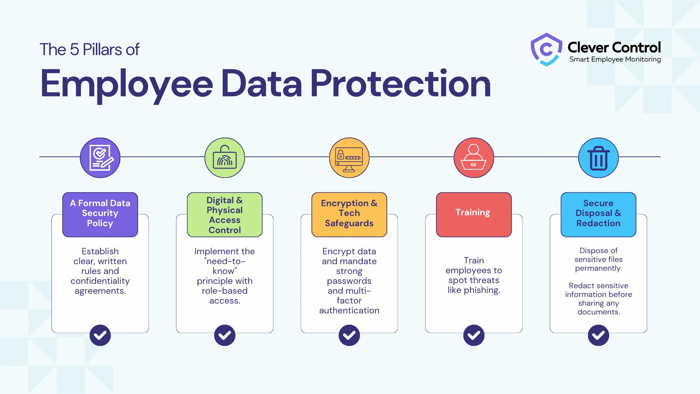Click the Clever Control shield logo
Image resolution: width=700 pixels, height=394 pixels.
546,49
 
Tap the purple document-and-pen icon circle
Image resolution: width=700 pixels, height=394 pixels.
100,158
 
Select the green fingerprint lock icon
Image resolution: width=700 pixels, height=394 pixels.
225,158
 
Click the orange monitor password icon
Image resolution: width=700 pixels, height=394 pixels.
349,158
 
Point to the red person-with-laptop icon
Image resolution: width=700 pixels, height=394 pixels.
474,158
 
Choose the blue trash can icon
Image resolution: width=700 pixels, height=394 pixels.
598,158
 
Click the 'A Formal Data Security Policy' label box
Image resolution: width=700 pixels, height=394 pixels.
100,215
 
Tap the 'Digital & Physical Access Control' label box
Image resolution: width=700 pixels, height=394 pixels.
225,215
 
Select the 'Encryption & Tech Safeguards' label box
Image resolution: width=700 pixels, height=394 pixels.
349,215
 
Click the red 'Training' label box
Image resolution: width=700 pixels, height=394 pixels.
474,215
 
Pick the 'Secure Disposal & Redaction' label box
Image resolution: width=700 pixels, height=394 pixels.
598,215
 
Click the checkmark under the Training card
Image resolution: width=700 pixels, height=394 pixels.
474,335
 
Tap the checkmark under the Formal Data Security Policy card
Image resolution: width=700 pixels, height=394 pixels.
100,335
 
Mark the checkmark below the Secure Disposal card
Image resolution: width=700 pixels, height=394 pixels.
598,335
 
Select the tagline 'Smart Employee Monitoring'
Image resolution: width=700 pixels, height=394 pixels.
615,59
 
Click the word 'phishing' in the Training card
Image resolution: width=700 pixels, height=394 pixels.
482,290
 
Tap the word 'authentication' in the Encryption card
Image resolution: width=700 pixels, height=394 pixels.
349,310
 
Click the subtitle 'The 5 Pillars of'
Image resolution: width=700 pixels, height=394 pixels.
89,50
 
